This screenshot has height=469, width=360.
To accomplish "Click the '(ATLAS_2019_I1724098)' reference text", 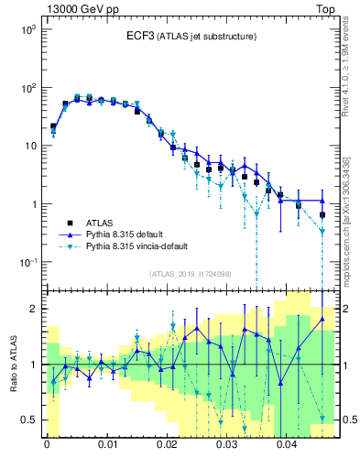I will [x=191, y=273].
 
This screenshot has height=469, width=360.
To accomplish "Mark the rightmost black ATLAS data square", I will [x=322, y=214].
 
